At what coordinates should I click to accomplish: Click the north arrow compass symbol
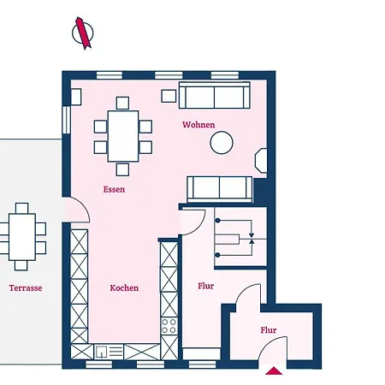pos(83,33)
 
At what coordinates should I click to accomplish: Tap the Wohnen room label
pos(198,125)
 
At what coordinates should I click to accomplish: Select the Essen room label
pos(114,189)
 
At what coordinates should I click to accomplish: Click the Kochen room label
pos(124,287)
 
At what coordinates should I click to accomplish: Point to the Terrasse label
pos(26,287)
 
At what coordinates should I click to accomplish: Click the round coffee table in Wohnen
pos(222,143)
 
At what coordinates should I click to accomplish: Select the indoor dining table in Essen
pos(123,136)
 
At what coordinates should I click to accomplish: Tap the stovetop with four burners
pos(169,326)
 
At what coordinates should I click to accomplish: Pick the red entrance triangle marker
pos(274,370)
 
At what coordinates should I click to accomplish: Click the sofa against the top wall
pos(215,95)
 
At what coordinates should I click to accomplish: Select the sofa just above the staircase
pos(220,189)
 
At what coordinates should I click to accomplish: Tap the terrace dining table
pos(22,237)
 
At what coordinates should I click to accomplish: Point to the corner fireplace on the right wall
pos(261,160)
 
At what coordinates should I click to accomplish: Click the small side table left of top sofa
pos(169,96)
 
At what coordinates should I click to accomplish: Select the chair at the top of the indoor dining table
pos(122,104)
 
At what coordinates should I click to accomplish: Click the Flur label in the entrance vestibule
pos(269,330)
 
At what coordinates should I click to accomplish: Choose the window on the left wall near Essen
pos(67,120)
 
